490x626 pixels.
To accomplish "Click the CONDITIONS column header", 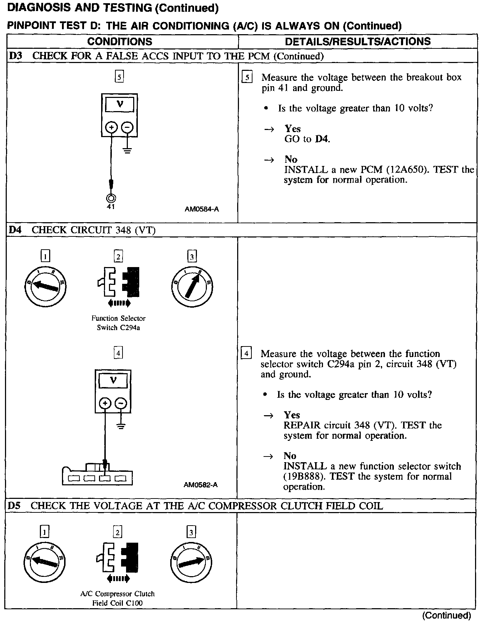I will point(120,41).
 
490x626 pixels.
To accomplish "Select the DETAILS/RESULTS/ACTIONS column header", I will point(358,41).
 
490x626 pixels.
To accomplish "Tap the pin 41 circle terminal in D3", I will point(111,198).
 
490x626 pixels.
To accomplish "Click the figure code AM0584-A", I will point(202,209).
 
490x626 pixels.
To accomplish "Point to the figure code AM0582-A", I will point(200,485).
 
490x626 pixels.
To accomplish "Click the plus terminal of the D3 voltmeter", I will point(111,127).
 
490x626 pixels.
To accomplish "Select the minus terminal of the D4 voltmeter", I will point(121,403).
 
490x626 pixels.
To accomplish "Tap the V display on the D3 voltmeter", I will point(120,105).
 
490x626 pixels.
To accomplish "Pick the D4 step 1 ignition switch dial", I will point(45,286).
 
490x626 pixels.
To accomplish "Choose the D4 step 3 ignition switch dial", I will point(192,286).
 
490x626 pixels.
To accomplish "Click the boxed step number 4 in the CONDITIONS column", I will point(118,353).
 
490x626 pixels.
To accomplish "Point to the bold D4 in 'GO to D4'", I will point(322,139).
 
